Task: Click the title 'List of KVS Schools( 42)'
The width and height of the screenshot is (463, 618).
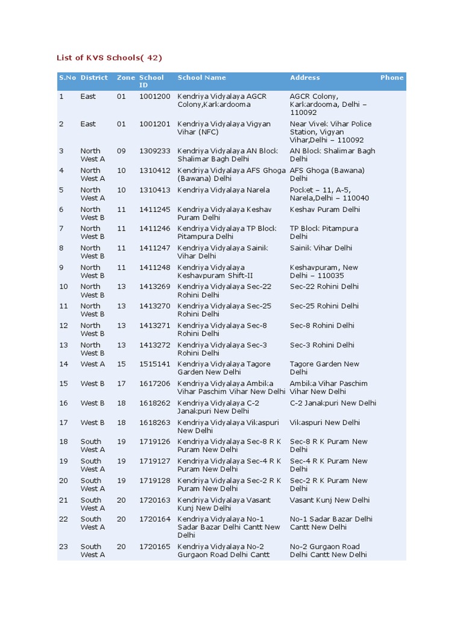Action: click(x=109, y=58)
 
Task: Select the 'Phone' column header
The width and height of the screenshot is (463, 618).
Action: click(x=392, y=77)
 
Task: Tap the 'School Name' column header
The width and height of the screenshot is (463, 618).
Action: click(x=201, y=77)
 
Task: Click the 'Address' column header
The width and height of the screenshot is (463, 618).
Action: click(x=304, y=77)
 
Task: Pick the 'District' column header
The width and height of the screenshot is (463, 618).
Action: click(x=94, y=77)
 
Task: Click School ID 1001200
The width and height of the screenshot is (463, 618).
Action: click(x=154, y=97)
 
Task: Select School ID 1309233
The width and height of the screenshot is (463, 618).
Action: click(x=154, y=151)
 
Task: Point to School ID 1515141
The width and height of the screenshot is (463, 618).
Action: click(x=154, y=364)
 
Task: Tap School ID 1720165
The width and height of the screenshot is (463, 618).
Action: click(x=154, y=546)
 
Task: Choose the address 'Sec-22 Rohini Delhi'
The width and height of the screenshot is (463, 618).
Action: click(x=324, y=287)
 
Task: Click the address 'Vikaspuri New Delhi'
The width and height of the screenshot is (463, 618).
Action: click(x=324, y=422)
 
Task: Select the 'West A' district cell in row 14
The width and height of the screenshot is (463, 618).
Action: click(x=93, y=364)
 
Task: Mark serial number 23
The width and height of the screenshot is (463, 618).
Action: click(x=63, y=546)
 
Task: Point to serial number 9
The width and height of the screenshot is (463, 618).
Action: click(x=61, y=267)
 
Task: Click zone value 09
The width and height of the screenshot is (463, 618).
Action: click(x=122, y=151)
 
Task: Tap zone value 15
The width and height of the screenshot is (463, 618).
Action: click(x=122, y=364)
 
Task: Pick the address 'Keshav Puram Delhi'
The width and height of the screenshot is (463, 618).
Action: click(x=324, y=209)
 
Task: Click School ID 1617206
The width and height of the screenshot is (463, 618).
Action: click(x=154, y=383)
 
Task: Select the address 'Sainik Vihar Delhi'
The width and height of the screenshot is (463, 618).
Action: click(x=321, y=248)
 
